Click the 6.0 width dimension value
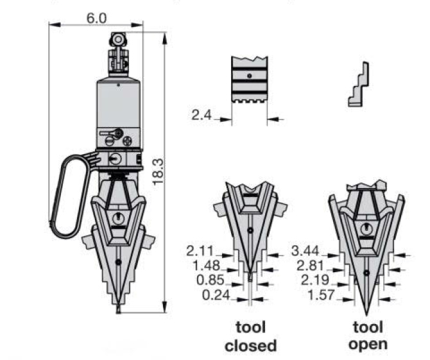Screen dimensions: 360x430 [96, 19]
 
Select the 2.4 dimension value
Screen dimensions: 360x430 [202, 116]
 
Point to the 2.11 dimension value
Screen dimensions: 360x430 [200, 250]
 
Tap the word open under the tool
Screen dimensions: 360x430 [369, 344]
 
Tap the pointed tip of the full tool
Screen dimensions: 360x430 [118, 310]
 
